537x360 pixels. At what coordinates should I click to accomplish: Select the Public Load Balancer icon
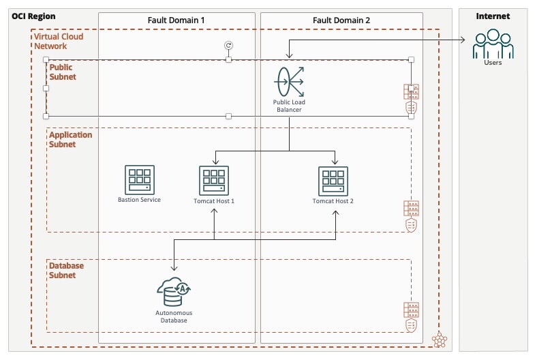[x=289, y=81]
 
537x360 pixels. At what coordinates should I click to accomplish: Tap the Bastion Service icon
[x=139, y=179]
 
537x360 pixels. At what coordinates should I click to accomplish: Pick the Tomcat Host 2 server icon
[x=333, y=180]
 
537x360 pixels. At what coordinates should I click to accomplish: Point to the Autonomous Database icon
[x=174, y=292]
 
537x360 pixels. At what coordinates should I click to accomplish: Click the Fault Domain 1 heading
[x=176, y=20]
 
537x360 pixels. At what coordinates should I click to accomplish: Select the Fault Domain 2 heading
[x=341, y=20]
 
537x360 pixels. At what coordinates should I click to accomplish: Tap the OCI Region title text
[x=33, y=16]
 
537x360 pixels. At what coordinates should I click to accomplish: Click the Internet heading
[x=493, y=16]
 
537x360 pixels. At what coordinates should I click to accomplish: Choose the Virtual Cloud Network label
[x=59, y=42]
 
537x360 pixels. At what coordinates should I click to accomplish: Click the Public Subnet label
[x=63, y=72]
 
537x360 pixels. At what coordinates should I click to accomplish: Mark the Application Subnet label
[x=70, y=140]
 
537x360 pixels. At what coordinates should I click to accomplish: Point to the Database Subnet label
[x=67, y=271]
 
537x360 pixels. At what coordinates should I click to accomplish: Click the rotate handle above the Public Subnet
[x=228, y=45]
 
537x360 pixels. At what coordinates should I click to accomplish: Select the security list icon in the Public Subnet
[x=411, y=100]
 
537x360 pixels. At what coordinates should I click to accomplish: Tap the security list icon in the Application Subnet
[x=411, y=216]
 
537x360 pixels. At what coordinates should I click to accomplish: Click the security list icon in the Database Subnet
[x=411, y=317]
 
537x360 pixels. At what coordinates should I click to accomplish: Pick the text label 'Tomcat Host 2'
[x=333, y=201]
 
